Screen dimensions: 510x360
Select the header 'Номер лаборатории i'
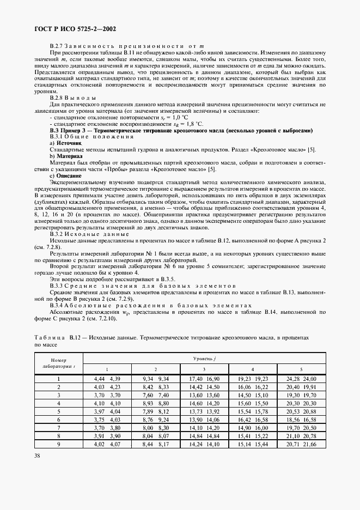(59, 363)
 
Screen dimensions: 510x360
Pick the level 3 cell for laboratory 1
(189, 378)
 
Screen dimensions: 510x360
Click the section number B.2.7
(58, 45)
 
